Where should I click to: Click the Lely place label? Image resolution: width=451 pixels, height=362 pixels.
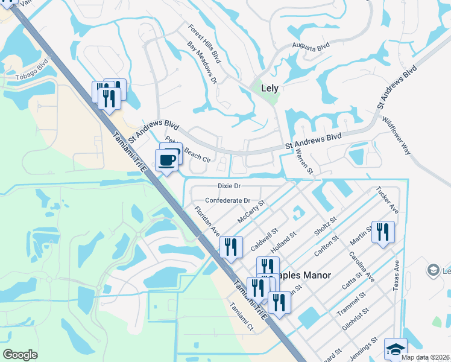pos(270,88)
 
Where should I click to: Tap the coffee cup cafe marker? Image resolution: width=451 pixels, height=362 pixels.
pos(167,160)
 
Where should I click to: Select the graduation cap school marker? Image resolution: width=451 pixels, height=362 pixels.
pos(396,349)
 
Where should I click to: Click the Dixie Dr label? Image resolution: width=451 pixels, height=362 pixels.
pos(229,186)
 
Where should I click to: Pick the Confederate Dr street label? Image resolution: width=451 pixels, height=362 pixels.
pos(227,200)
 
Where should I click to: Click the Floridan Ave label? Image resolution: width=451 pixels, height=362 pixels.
pos(207,221)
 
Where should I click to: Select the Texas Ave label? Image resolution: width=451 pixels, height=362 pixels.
pos(396,276)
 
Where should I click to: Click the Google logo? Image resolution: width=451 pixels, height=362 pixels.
pos(20,355)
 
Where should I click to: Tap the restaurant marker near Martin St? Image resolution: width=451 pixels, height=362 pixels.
pos(382,233)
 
